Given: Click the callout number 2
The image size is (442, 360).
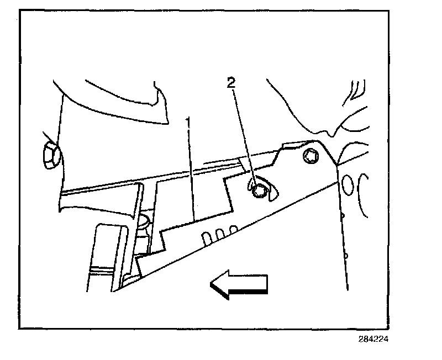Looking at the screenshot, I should tap(232, 83).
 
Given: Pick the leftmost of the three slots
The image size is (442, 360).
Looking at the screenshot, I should tap(206, 237).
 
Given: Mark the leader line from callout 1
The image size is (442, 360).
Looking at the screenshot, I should tap(191, 171).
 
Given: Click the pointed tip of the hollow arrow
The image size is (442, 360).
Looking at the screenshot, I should tap(211, 284).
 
